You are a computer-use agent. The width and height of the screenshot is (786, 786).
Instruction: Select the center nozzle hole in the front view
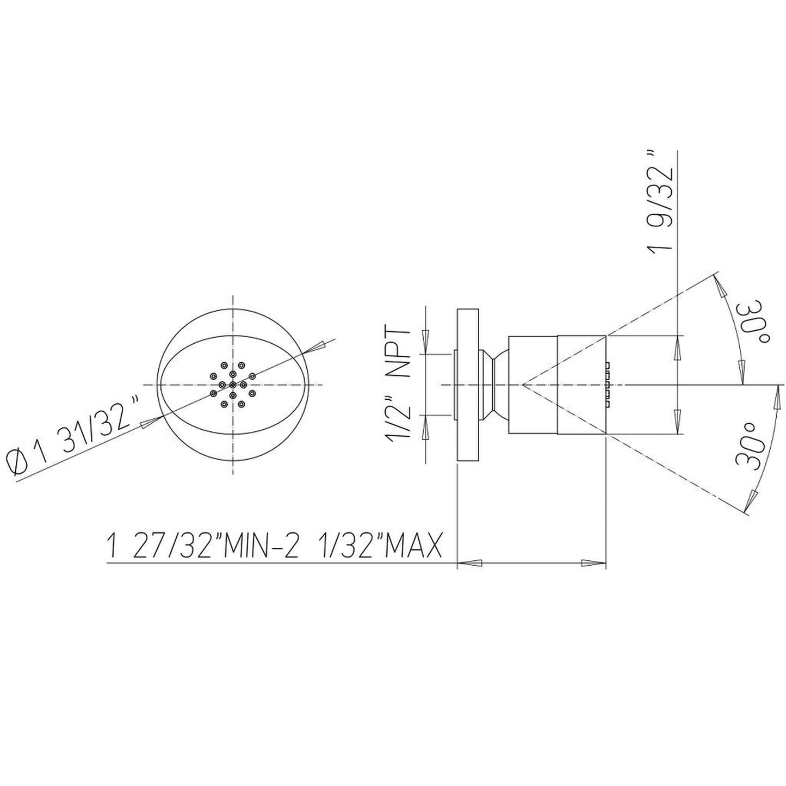pos(233,385)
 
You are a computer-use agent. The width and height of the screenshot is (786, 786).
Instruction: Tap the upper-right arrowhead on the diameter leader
pos(319,345)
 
